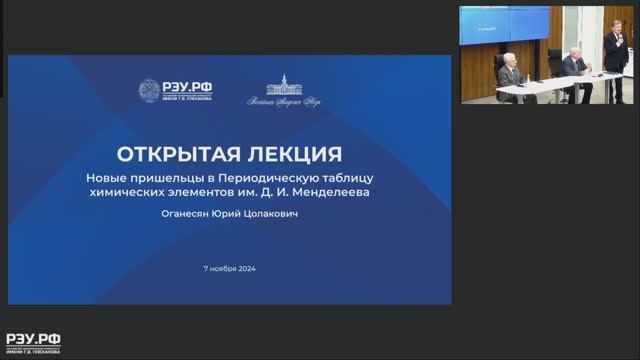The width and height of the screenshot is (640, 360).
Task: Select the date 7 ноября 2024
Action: click(229, 269)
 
